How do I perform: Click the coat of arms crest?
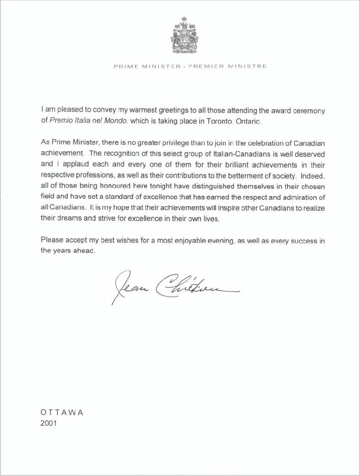tap(185, 36)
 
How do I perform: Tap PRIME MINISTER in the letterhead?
tap(147, 66)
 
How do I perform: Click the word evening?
tap(219, 241)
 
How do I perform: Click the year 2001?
tap(49, 423)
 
